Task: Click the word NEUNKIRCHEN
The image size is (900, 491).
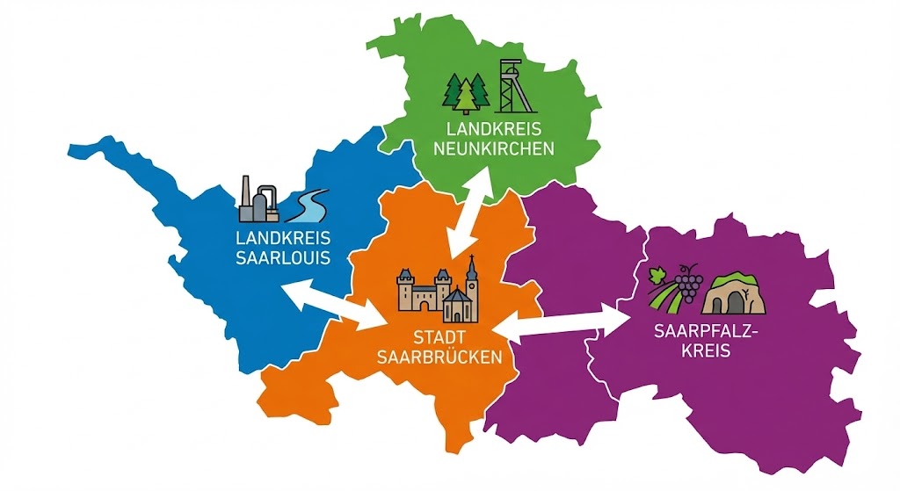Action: coord(488,148)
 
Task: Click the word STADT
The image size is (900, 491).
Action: coord(439,337)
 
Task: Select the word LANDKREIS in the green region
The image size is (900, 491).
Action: coord(488,129)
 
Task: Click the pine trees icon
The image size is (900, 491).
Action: coord(466,93)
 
